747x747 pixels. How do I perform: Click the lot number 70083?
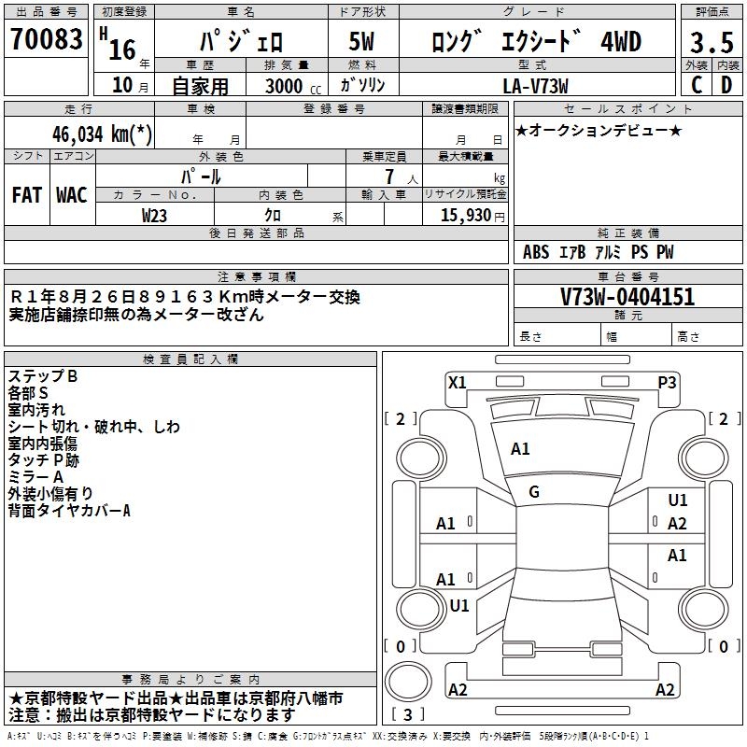point(46,39)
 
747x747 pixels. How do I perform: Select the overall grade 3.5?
point(712,43)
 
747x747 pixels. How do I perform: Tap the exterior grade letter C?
point(697,85)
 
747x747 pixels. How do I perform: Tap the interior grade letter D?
point(726,85)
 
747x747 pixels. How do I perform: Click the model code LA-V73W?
point(535,86)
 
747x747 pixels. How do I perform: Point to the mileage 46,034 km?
point(102,134)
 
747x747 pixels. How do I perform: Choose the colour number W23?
point(154,216)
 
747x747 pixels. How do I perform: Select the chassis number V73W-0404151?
point(627,297)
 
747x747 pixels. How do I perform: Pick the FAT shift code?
point(27,195)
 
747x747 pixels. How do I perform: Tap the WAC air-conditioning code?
point(72,195)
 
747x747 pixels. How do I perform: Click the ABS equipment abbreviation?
point(536,252)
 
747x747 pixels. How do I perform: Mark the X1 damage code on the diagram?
point(457,383)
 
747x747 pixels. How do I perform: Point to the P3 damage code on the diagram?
point(667,383)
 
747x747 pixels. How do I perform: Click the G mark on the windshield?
point(534,492)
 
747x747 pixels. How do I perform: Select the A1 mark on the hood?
point(520,449)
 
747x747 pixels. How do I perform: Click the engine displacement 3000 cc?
point(293,86)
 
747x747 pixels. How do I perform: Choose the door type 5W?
point(361,41)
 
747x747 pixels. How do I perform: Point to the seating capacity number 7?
point(389,176)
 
